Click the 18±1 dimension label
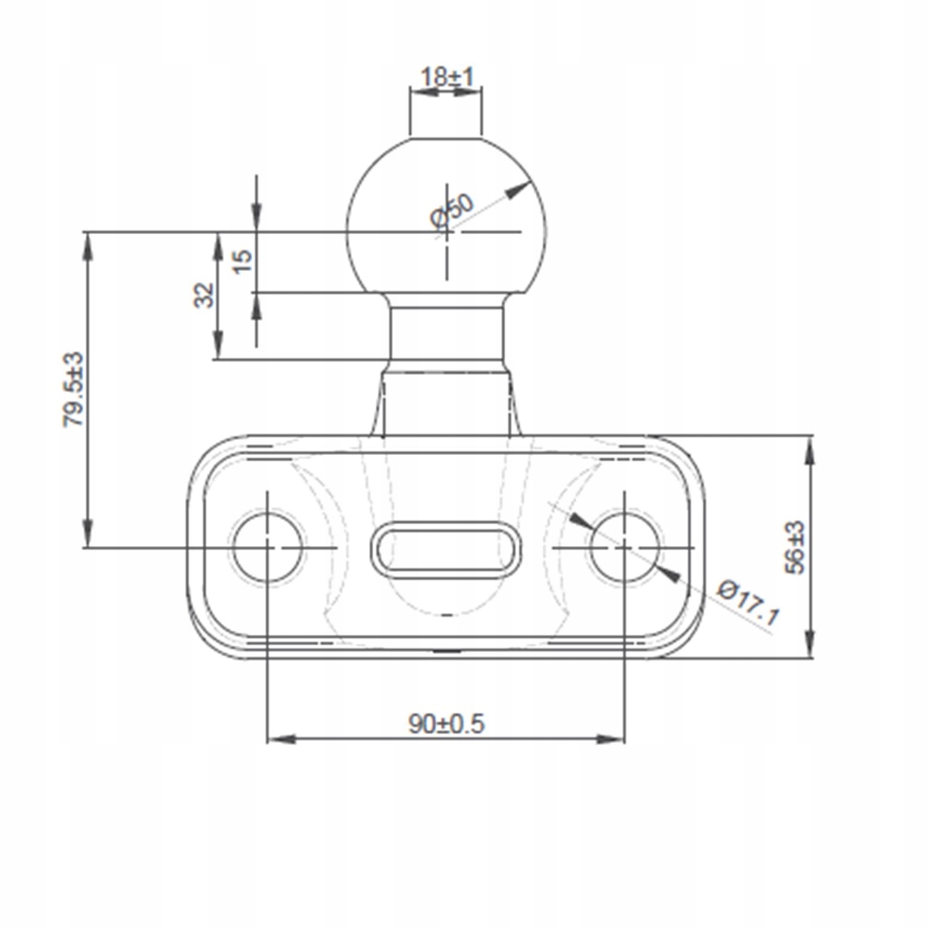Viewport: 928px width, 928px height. point(447,78)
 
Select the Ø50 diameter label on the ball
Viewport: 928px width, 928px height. point(452,211)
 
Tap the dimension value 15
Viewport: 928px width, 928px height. point(243,261)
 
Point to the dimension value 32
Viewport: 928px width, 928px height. point(205,295)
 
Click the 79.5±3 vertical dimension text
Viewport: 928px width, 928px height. point(75,390)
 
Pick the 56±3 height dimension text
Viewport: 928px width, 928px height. point(795,548)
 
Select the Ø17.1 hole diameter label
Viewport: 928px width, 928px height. point(747,603)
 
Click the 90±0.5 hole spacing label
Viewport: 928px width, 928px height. point(446,724)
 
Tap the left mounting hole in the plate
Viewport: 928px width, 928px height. point(267,548)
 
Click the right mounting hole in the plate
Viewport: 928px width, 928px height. point(625,548)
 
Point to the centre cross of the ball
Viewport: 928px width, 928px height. point(447,231)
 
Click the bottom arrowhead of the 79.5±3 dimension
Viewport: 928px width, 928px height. point(87,534)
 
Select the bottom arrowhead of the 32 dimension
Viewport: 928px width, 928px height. point(218,346)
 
